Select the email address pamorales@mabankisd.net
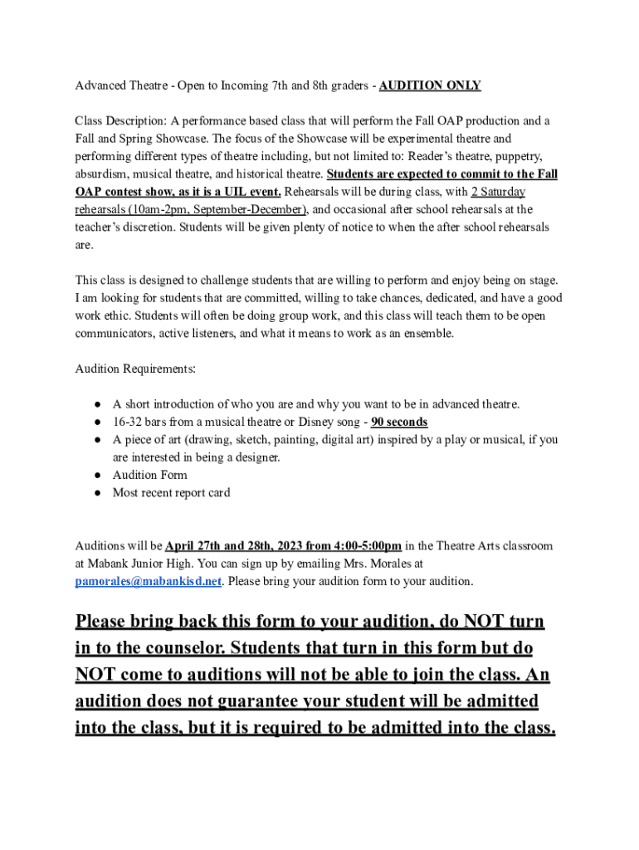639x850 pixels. click(x=149, y=581)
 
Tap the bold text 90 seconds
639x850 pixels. click(x=399, y=422)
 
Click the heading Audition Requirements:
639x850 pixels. click(x=135, y=368)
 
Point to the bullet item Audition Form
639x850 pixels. click(x=149, y=475)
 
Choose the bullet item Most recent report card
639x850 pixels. click(x=171, y=492)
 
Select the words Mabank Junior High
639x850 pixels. click(x=136, y=564)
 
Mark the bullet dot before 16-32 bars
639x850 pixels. click(x=97, y=422)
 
